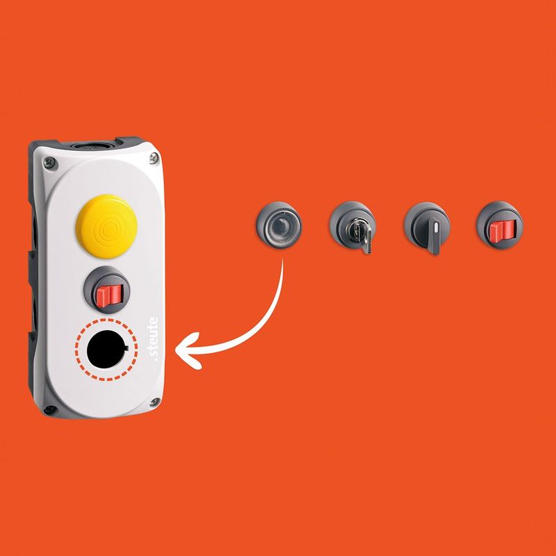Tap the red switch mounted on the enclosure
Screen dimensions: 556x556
pos(109,295)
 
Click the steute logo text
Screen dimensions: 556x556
pos(153,338)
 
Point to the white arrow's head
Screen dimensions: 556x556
pos(188,351)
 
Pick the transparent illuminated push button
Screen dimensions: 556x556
pos(279,225)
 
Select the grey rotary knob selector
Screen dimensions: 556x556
pos(427,227)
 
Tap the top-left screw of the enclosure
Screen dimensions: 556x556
pos(49,163)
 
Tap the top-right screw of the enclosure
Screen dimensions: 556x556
pos(154,158)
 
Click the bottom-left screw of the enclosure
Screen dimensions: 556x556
pos(49,410)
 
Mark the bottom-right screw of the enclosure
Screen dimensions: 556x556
pos(154,402)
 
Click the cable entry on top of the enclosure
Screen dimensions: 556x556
pos(92,145)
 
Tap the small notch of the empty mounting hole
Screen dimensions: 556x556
pos(126,348)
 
